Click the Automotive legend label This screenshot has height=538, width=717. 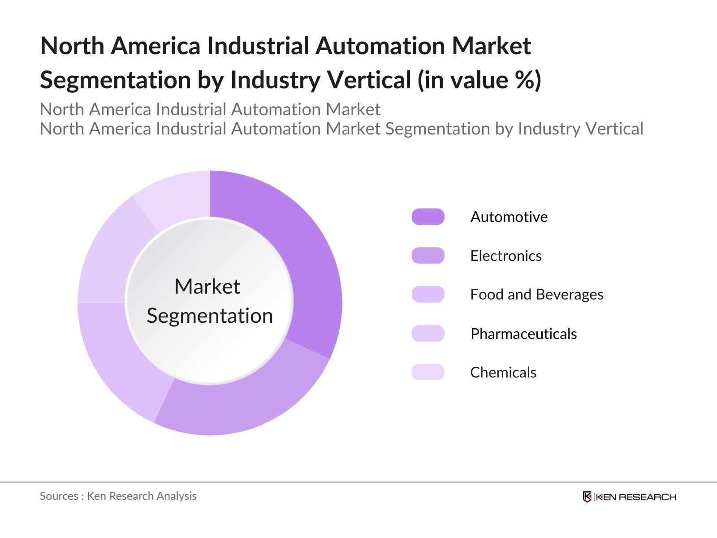tap(509, 217)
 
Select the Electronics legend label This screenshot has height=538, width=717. tap(505, 256)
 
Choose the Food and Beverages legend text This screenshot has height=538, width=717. tap(536, 295)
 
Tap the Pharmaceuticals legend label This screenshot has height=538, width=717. tap(523, 334)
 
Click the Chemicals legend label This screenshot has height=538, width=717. tap(503, 373)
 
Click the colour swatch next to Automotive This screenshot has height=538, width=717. tap(428, 217)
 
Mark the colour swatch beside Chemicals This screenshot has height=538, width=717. tap(428, 372)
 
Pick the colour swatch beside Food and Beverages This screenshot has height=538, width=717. tap(428, 295)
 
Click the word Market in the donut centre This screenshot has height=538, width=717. tap(207, 286)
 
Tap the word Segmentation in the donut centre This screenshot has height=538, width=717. tap(210, 316)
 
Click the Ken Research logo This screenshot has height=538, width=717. tap(629, 497)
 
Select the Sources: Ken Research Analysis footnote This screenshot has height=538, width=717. tap(118, 496)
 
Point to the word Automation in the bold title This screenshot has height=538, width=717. tap(380, 46)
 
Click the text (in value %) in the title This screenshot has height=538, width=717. tap(479, 80)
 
